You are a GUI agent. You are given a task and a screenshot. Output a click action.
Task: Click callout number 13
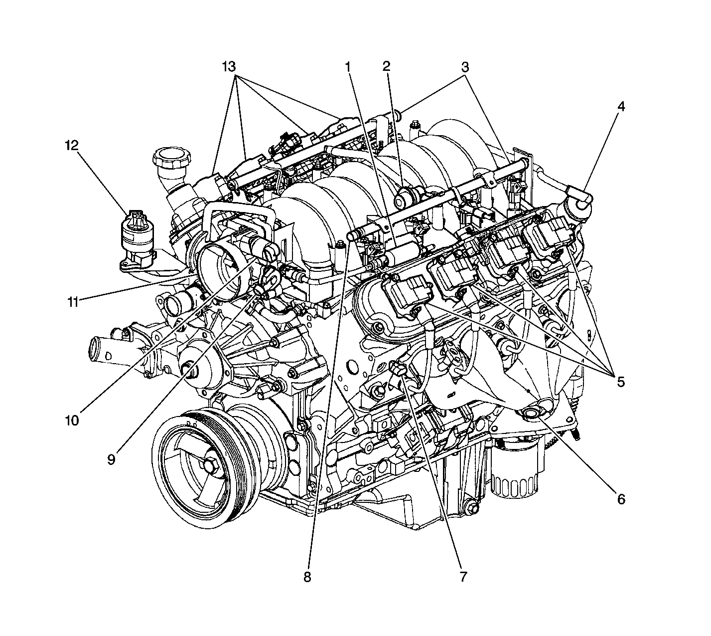click(229, 66)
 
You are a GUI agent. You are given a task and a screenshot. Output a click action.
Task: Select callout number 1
click(348, 66)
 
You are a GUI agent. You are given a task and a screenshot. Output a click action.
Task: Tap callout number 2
click(386, 66)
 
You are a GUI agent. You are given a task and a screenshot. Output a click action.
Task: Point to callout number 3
click(465, 66)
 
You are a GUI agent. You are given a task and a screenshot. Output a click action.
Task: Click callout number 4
click(621, 106)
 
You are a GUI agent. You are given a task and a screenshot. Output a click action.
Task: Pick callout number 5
click(621, 382)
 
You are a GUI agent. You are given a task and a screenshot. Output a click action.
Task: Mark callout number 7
click(463, 577)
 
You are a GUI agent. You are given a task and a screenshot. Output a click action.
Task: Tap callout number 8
click(307, 577)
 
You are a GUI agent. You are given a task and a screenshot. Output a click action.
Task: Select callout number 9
click(111, 459)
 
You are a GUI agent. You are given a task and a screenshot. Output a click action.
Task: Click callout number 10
click(72, 420)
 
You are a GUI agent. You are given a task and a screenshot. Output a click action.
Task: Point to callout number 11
click(73, 302)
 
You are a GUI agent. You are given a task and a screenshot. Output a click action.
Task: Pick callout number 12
click(72, 146)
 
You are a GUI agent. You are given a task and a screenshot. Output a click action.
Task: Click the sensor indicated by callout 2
click(407, 197)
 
